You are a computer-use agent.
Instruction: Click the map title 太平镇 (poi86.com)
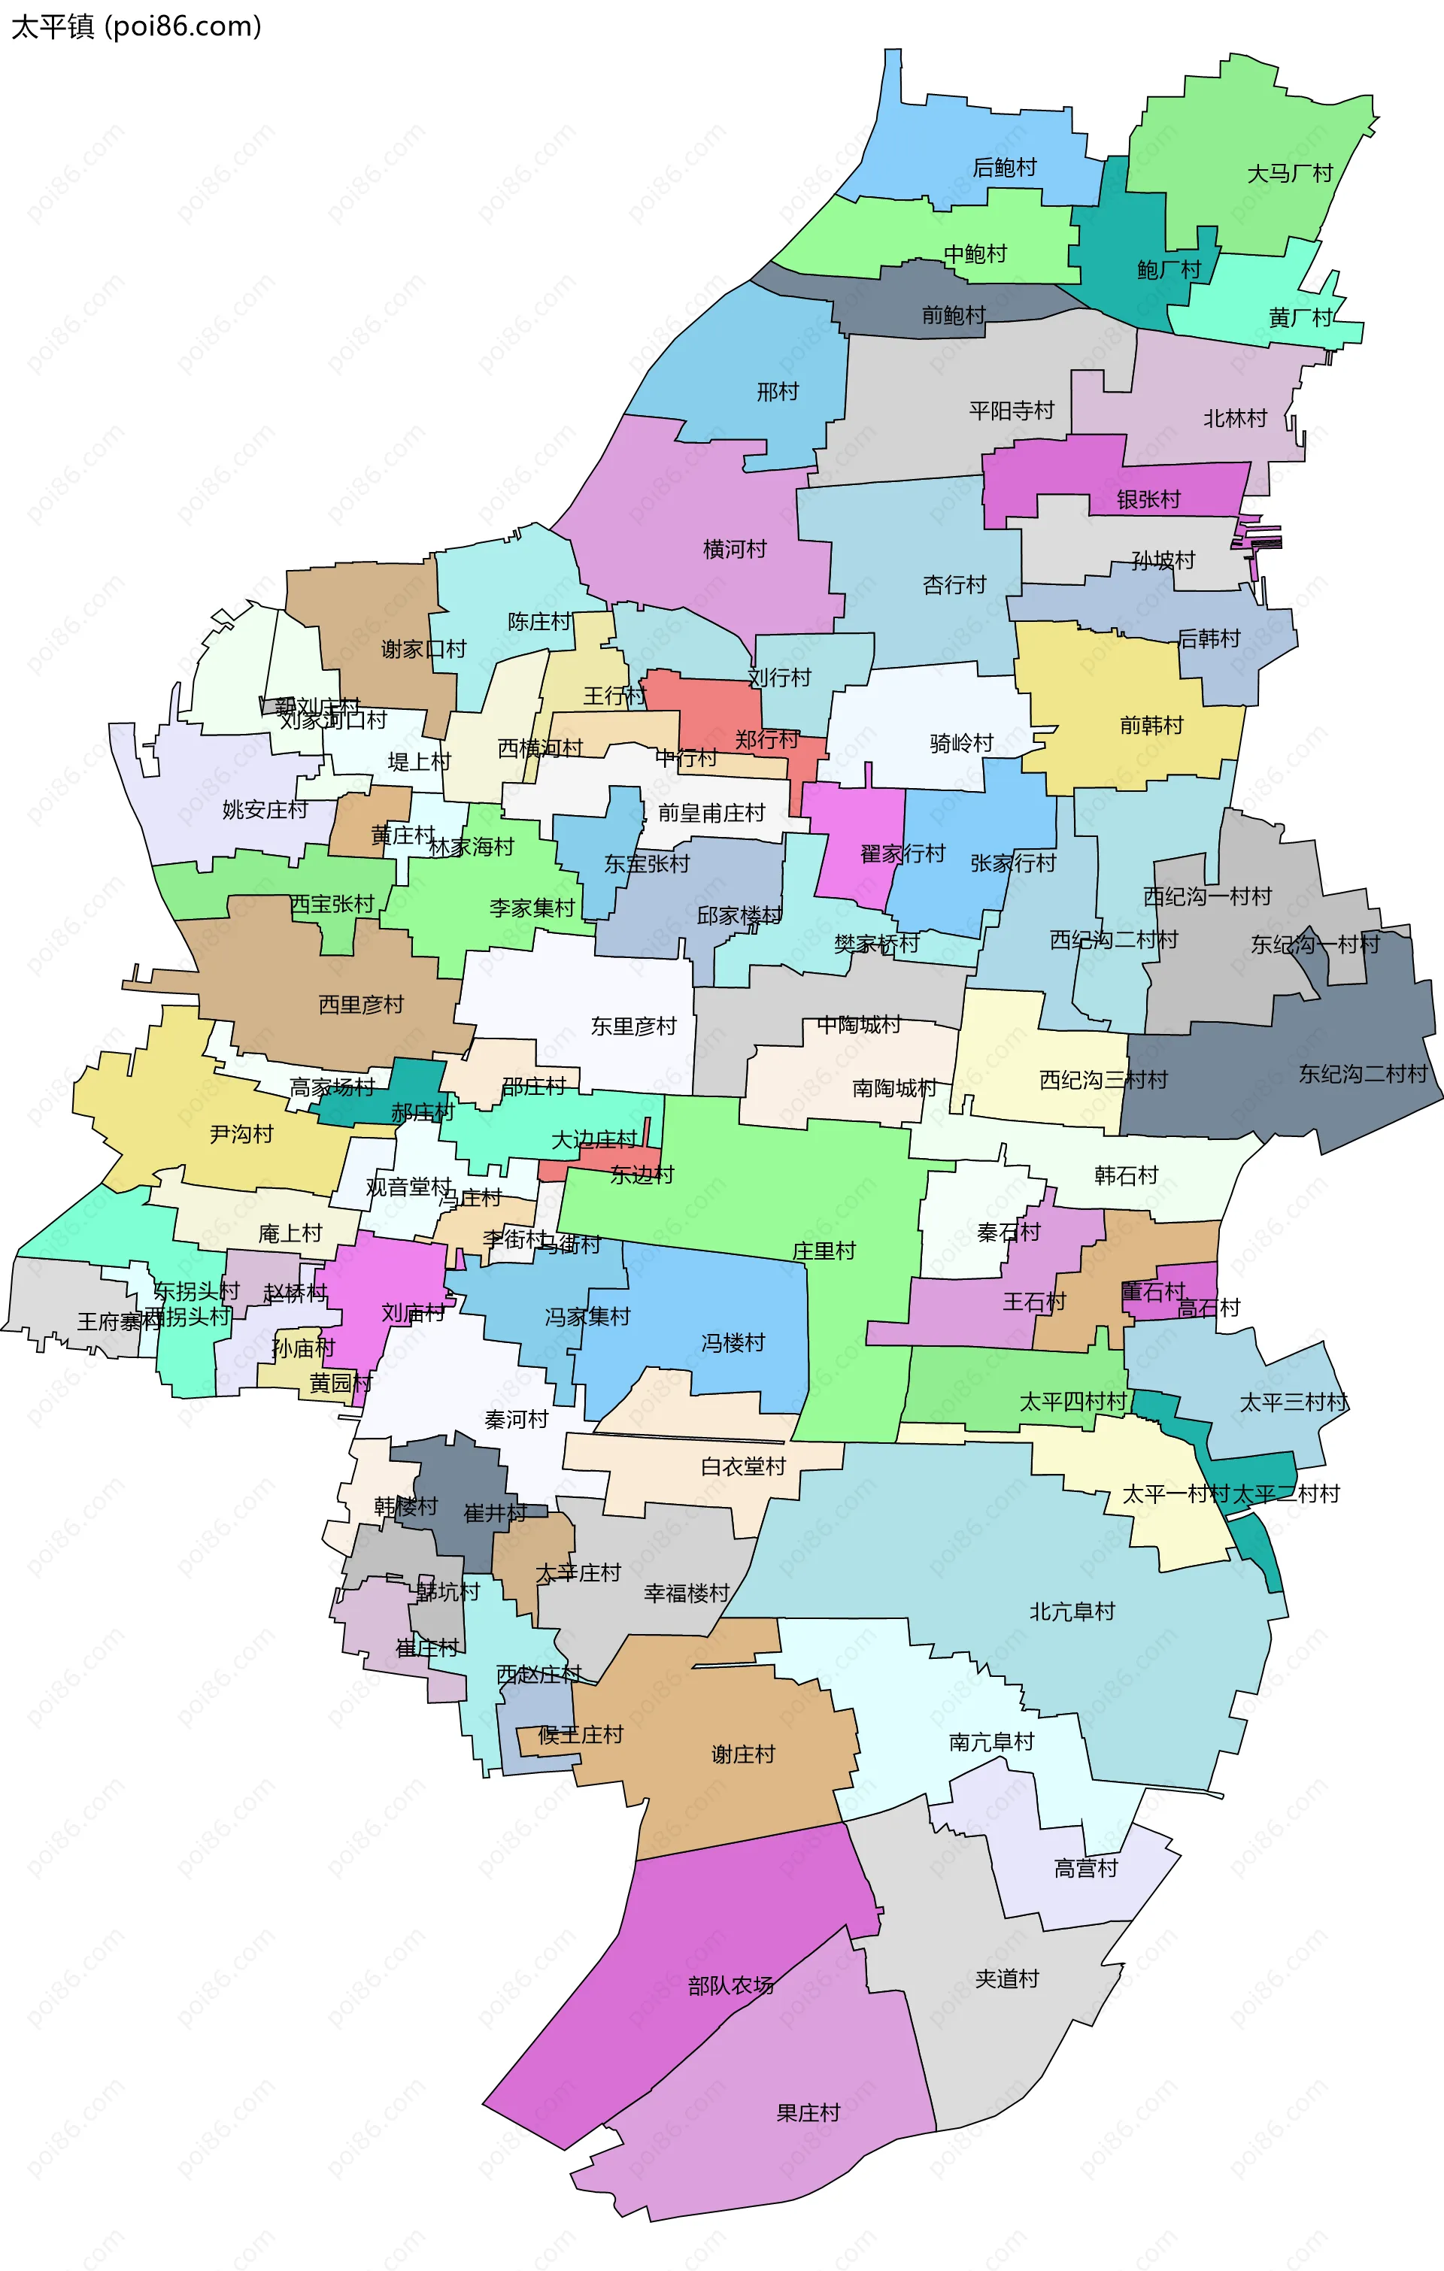click(x=136, y=26)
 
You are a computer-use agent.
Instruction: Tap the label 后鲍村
click(x=1005, y=168)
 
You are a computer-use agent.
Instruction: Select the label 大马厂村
click(x=1289, y=174)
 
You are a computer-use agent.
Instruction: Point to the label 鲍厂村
click(x=1169, y=271)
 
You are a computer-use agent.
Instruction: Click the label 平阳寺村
click(x=1011, y=411)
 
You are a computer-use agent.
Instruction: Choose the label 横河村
click(x=735, y=549)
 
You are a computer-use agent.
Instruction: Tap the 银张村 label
click(x=1148, y=500)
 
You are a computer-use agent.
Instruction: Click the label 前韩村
click(x=1151, y=725)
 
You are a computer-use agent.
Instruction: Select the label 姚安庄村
click(x=265, y=809)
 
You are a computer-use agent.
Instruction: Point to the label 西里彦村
click(x=360, y=1005)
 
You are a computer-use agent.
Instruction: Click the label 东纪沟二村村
click(x=1362, y=1073)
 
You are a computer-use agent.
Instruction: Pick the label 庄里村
click(x=824, y=1251)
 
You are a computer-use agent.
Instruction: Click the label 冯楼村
click(x=733, y=1342)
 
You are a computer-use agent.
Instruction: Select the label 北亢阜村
click(x=1072, y=1611)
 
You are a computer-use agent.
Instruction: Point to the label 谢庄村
click(x=742, y=1754)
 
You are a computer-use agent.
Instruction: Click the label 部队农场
click(x=731, y=1985)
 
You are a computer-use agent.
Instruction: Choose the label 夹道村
click(x=1006, y=1978)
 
